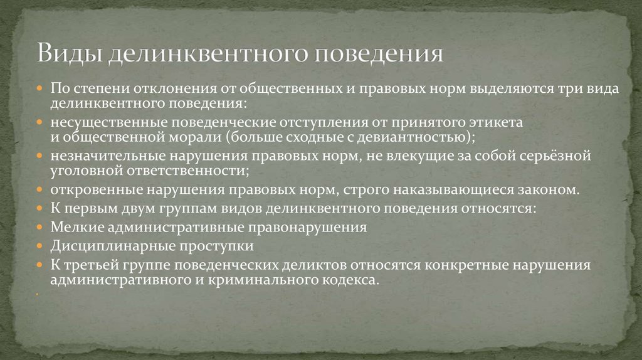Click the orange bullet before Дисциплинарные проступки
(x=39, y=246)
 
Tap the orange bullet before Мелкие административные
(x=39, y=227)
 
